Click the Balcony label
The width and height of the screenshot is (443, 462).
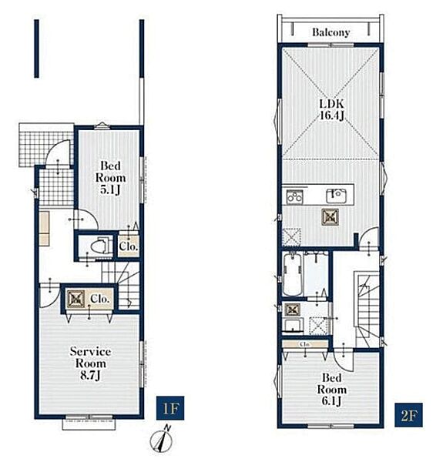pos(331,32)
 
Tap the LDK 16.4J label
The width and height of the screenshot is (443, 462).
pos(331,109)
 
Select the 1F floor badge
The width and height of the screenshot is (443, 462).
pos(170,408)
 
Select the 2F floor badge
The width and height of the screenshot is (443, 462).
pos(408,415)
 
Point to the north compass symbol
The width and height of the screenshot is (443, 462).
pos(162,440)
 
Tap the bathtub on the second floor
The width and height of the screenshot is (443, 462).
pos(292,275)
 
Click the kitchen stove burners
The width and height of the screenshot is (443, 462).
pos(294,196)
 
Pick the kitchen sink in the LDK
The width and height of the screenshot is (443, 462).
pos(336,196)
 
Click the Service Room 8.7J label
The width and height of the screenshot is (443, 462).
pos(90,363)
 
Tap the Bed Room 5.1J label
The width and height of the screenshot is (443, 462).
pos(110,178)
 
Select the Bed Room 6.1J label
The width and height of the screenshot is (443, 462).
pos(331,390)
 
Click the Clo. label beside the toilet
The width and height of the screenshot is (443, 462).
pos(129,246)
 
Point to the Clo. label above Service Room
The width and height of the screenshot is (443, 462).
pos(100,299)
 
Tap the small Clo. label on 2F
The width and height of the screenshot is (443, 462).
pos(305,344)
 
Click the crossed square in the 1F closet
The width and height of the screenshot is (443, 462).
pos(75,299)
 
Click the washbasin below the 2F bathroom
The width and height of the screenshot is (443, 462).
pos(293,326)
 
